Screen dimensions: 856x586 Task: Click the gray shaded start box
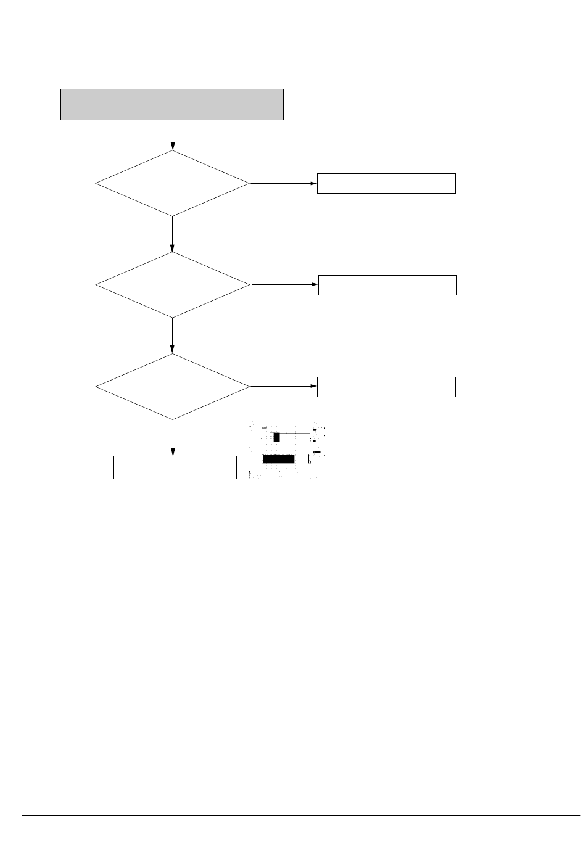click(171, 104)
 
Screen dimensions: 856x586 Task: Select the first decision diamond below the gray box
click(172, 183)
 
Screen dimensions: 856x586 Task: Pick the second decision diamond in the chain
click(172, 285)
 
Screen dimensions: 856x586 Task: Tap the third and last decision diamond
click(172, 387)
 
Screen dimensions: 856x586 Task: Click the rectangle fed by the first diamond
click(386, 184)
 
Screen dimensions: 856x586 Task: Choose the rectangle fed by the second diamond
click(387, 285)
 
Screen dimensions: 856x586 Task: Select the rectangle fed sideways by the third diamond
click(386, 387)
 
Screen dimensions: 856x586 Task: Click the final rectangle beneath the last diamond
click(175, 467)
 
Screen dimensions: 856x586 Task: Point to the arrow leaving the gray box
click(173, 135)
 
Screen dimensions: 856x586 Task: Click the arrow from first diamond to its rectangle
click(283, 184)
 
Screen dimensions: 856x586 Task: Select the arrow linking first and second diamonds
click(172, 234)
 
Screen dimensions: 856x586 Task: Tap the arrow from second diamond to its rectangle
click(284, 285)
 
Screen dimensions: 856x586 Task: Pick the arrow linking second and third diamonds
click(172, 335)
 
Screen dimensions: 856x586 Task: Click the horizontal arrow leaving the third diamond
click(283, 387)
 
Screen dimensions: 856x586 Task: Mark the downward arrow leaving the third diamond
click(173, 437)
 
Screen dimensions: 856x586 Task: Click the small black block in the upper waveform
click(277, 437)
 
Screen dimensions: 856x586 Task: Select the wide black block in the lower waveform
click(278, 458)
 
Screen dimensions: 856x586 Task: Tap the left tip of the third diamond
click(97, 387)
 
